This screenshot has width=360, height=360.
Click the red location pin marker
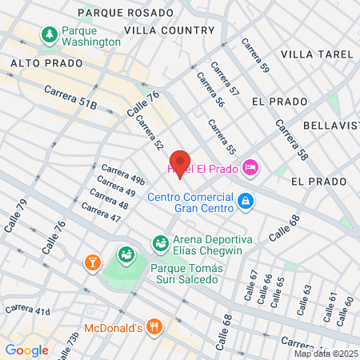point(181,162)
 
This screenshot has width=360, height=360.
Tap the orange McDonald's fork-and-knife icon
point(155,327)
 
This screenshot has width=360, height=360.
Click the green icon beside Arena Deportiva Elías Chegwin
point(160,242)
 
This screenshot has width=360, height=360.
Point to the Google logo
point(26,350)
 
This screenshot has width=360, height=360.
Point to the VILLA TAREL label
point(317,54)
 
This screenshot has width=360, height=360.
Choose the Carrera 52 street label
point(150,134)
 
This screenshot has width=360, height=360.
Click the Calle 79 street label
point(15,217)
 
